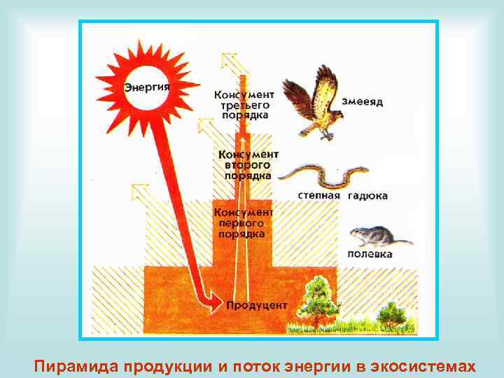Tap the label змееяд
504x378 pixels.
[362, 101]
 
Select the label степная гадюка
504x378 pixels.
[342, 195]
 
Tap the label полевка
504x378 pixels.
[370, 254]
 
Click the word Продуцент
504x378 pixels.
[257, 305]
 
